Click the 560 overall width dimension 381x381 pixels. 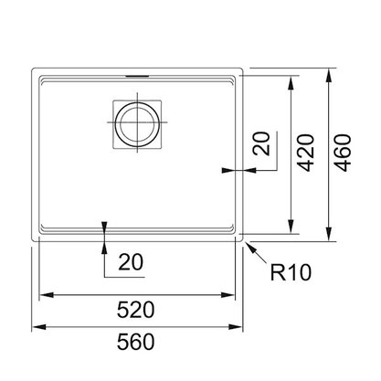(135, 342)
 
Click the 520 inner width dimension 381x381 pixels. (135, 310)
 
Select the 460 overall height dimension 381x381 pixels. (343, 153)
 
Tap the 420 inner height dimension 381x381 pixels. (305, 153)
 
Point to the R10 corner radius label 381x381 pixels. (291, 272)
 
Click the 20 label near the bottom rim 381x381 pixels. (131, 262)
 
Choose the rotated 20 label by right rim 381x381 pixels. (262, 143)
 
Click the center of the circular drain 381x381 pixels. (137, 124)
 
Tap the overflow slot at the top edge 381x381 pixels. (137, 76)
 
